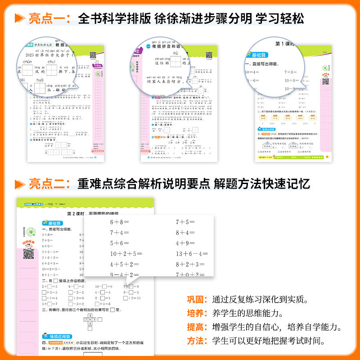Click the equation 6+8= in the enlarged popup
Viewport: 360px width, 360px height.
click(119, 222)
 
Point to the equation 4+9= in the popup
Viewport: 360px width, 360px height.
click(185, 243)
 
